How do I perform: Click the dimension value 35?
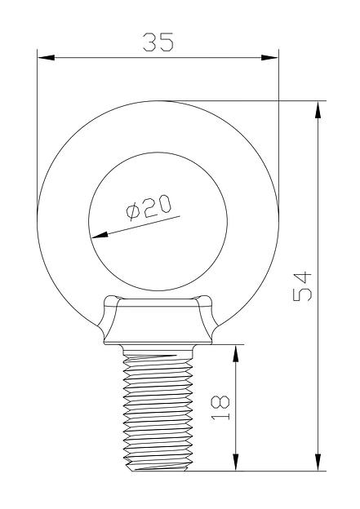tap(158, 42)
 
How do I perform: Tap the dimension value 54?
tap(303, 285)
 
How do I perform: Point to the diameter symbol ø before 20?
tap(134, 214)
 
